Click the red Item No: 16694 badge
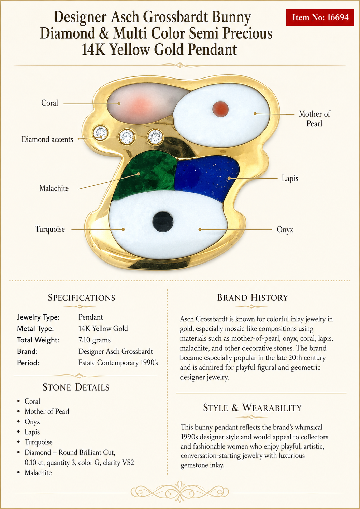tap(320, 17)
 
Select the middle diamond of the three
tap(127, 137)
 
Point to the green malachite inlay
tap(145, 175)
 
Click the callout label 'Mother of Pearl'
tap(314, 118)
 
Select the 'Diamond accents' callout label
tap(47, 139)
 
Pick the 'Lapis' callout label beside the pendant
tap(290, 179)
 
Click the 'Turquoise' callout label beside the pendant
tap(50, 229)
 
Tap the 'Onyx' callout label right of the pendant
tap(285, 230)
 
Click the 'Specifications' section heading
tap(82, 298)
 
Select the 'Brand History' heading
tap(252, 298)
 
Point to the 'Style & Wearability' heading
tap(252, 407)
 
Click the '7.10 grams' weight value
tap(95, 340)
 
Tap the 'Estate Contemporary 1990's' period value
tap(118, 363)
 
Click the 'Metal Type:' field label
tap(35, 328)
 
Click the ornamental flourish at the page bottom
tap(180, 492)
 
